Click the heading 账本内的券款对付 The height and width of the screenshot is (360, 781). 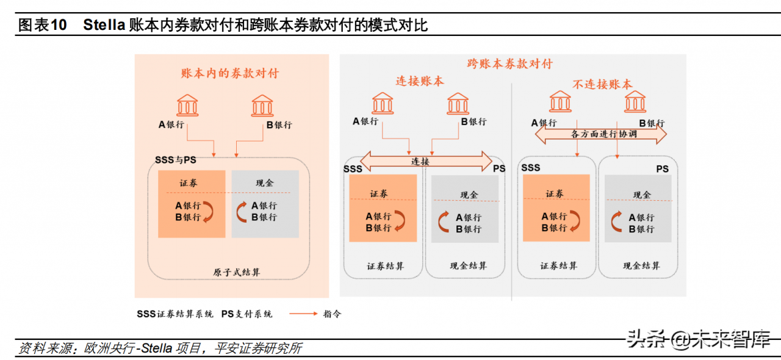[x=229, y=73]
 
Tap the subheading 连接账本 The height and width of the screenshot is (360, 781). [x=420, y=81]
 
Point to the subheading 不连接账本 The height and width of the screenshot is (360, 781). [x=602, y=85]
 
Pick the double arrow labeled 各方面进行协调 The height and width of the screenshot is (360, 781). [x=601, y=134]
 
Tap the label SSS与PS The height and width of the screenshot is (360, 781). [x=176, y=160]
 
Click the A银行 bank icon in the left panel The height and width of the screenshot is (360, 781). [x=187, y=106]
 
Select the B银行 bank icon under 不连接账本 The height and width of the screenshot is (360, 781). [x=635, y=101]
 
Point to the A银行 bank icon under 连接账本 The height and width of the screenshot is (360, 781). [x=383, y=102]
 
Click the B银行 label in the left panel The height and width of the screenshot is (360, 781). [x=279, y=125]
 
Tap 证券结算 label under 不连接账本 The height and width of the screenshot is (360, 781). [x=558, y=266]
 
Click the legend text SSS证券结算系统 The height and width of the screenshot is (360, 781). [x=175, y=314]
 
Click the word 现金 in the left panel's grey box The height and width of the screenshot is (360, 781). [x=265, y=183]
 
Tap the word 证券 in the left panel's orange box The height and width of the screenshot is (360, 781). [x=189, y=183]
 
